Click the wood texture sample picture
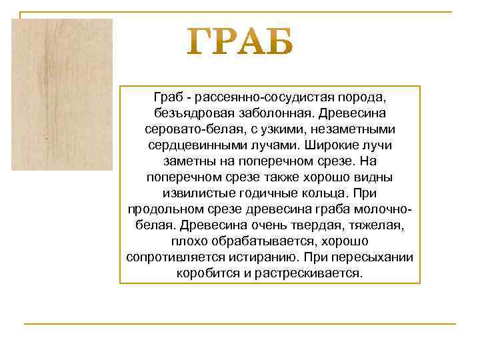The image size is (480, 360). pos(62,94)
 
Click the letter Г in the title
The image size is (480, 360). pos(199,43)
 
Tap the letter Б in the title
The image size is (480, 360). pos(276,43)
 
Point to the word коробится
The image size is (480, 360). pos(203,273)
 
